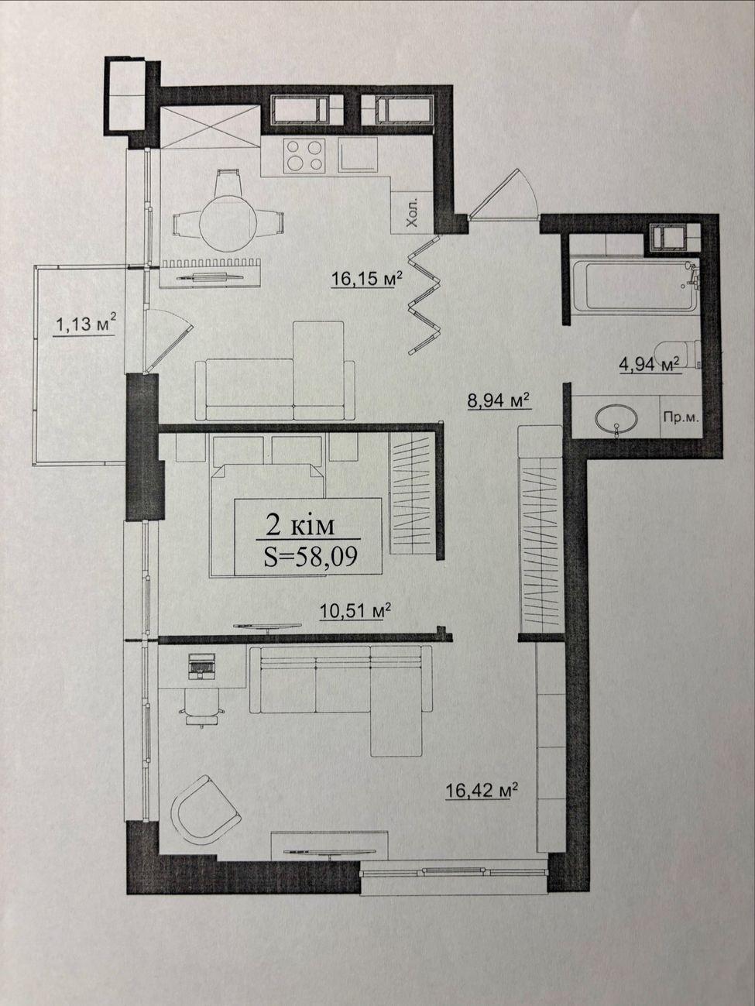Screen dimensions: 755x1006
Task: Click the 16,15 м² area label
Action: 366,278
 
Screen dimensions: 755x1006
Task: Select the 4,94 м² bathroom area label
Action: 649,365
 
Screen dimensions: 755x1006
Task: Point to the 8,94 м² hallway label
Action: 499,400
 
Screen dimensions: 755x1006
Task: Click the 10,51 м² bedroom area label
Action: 355,610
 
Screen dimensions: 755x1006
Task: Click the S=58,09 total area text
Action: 311,558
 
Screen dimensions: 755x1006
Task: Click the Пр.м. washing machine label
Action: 679,418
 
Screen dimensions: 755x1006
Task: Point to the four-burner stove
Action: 304,156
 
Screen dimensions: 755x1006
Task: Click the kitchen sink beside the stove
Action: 359,155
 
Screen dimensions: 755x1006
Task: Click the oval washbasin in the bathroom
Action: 616,419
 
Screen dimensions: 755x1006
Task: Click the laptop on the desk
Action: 201,665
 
